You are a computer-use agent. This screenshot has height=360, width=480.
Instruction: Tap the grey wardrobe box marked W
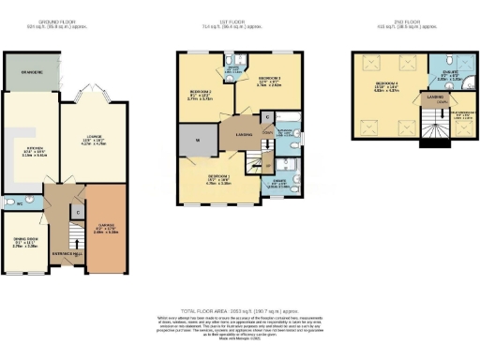coord(197,141)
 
